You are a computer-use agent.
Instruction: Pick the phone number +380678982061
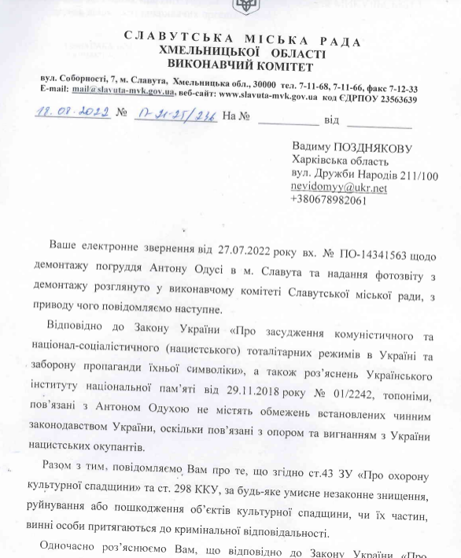click(328, 201)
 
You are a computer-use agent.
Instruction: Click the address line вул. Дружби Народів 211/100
click(364, 175)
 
